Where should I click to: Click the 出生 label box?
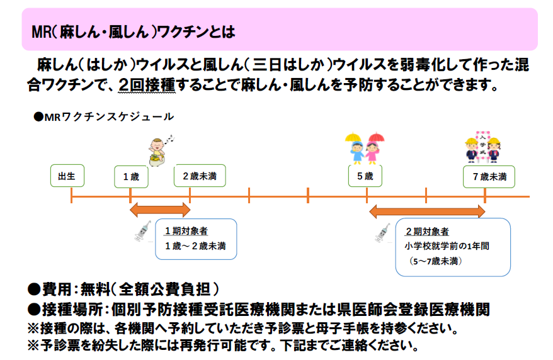tap(67, 176)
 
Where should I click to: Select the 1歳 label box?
tap(131, 176)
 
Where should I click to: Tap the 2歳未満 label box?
tap(200, 176)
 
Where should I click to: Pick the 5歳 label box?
tap(365, 176)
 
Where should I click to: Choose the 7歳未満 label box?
tap(489, 176)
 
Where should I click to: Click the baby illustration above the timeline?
tap(159, 151)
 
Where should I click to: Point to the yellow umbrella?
tap(353, 137)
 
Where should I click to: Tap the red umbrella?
tap(376, 137)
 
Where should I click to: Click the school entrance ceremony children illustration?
tap(482, 147)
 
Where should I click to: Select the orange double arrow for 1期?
tap(160, 210)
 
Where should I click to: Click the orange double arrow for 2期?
tap(427, 211)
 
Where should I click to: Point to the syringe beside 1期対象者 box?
tap(143, 231)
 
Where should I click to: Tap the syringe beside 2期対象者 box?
tap(383, 232)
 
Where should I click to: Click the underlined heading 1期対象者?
tap(186, 231)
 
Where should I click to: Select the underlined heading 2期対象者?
tap(427, 232)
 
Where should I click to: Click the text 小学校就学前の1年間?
tap(447, 246)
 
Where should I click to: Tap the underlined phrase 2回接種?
tap(147, 85)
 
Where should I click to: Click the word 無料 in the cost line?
tap(96, 290)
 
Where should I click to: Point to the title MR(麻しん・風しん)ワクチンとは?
tap(134, 32)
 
